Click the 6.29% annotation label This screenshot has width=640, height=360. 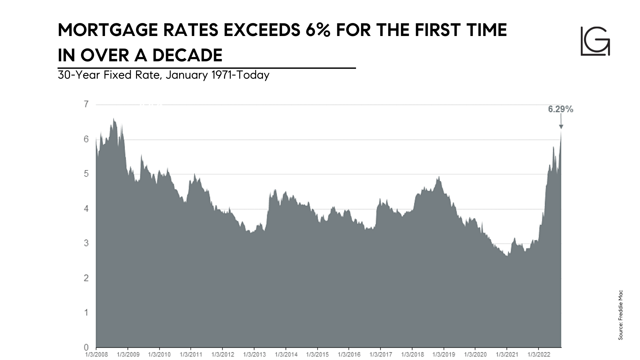coord(560,109)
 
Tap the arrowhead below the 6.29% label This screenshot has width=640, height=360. coord(561,127)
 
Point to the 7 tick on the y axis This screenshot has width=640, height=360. coord(86,104)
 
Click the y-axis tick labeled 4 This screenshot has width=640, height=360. coord(86,209)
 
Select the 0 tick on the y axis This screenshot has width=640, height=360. coord(86,347)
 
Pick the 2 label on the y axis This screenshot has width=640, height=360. coord(86,278)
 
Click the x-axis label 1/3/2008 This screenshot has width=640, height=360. coord(97,354)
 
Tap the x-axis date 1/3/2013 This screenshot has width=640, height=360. coord(254,354)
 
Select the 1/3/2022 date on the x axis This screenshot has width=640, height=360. coord(538,354)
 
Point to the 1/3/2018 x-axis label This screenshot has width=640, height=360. coord(412,354)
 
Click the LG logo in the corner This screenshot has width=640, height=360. coord(595,41)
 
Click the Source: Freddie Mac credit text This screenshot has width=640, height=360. coord(620,315)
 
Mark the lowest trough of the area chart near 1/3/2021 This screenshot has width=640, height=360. coord(507,255)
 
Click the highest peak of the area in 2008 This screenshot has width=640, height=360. coord(114,119)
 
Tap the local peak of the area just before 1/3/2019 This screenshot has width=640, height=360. coord(439,177)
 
